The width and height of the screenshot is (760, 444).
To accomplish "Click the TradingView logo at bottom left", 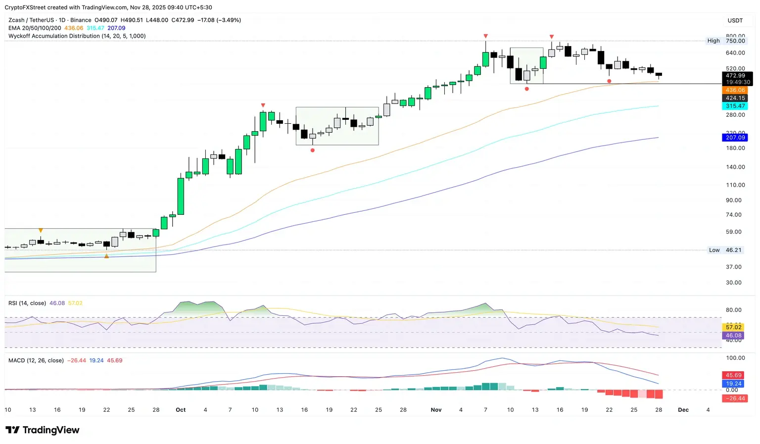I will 42,430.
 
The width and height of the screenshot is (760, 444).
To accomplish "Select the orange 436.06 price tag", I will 735,90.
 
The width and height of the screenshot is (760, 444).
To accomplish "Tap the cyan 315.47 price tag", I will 735,106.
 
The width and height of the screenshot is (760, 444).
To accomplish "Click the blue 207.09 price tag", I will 735,138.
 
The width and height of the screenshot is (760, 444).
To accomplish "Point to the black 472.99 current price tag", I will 735,76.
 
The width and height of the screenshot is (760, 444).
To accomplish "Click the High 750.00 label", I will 726,41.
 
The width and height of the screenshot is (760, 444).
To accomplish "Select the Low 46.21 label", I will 725,250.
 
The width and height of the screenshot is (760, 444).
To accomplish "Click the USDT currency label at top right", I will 735,20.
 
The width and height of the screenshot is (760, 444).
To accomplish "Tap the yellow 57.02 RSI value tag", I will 733,327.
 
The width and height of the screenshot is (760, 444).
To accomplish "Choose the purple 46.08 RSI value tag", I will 733,336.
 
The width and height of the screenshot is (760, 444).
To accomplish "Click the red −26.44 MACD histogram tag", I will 735,398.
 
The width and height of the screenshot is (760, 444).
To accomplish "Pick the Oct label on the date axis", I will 181,410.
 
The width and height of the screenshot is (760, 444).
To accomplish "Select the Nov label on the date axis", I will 436,410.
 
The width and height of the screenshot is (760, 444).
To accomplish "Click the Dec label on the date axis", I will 683,410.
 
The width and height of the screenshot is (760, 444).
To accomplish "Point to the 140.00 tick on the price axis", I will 735,167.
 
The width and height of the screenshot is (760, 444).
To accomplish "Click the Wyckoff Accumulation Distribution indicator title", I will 77,36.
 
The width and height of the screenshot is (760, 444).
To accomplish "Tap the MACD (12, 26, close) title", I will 36,360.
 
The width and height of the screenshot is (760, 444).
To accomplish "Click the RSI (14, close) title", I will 27,303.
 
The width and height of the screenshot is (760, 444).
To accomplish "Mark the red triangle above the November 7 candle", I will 486,36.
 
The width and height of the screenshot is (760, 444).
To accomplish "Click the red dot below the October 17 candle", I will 312,150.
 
